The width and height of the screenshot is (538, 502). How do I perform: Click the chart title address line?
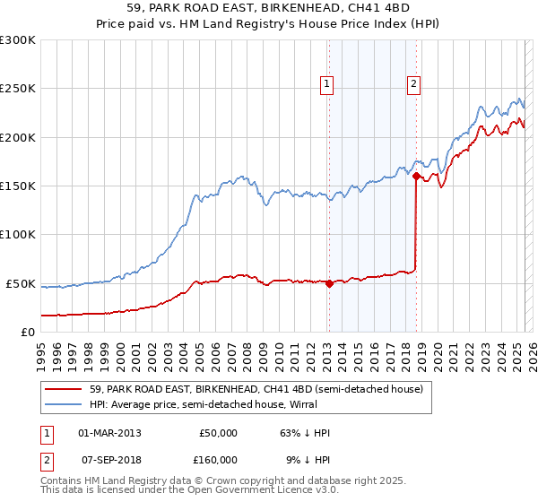point(268,9)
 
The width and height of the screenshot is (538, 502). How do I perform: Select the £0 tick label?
point(28,332)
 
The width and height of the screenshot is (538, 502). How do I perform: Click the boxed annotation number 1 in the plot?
point(326,85)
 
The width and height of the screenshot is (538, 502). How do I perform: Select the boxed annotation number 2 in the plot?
point(413,85)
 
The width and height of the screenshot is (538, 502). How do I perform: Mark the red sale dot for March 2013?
point(329,283)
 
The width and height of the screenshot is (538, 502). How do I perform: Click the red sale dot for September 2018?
point(416,177)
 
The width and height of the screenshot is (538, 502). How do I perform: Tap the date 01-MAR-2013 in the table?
point(109,433)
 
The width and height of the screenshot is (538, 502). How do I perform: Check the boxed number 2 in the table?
point(45,460)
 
